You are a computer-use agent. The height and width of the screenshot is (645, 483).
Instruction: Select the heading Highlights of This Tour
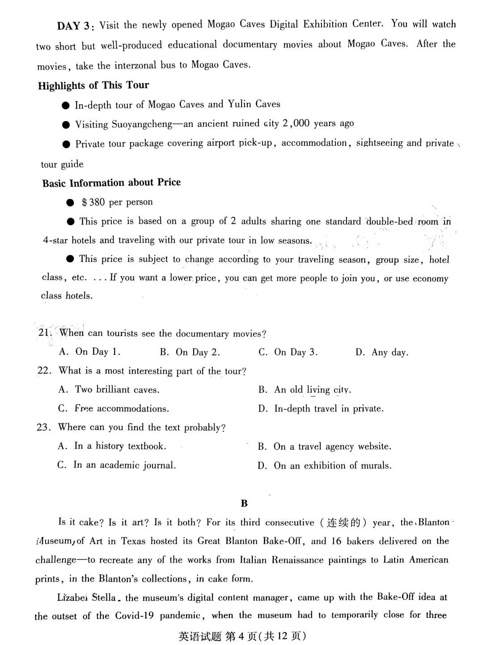(93, 85)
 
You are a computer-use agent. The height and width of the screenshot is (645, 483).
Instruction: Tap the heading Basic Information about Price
(111, 183)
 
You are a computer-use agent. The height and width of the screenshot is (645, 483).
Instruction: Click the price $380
(93, 202)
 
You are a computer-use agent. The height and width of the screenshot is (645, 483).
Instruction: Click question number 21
(43, 333)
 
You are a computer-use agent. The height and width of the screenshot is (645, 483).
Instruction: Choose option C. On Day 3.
(288, 352)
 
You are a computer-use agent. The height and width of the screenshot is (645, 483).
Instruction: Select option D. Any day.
(381, 353)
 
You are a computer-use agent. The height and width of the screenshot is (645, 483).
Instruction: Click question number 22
(42, 371)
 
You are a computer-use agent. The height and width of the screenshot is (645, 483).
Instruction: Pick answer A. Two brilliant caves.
(109, 390)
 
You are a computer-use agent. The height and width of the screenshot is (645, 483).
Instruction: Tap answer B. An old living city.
(305, 390)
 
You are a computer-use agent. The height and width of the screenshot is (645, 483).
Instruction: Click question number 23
(42, 427)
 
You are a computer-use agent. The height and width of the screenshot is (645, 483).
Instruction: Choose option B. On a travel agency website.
(324, 447)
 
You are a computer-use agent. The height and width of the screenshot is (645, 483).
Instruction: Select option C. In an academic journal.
(116, 465)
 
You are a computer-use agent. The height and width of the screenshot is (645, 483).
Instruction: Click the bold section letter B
(244, 503)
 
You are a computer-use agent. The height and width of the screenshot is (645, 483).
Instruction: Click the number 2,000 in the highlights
(296, 123)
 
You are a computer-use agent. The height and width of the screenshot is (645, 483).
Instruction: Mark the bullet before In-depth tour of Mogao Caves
(66, 105)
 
